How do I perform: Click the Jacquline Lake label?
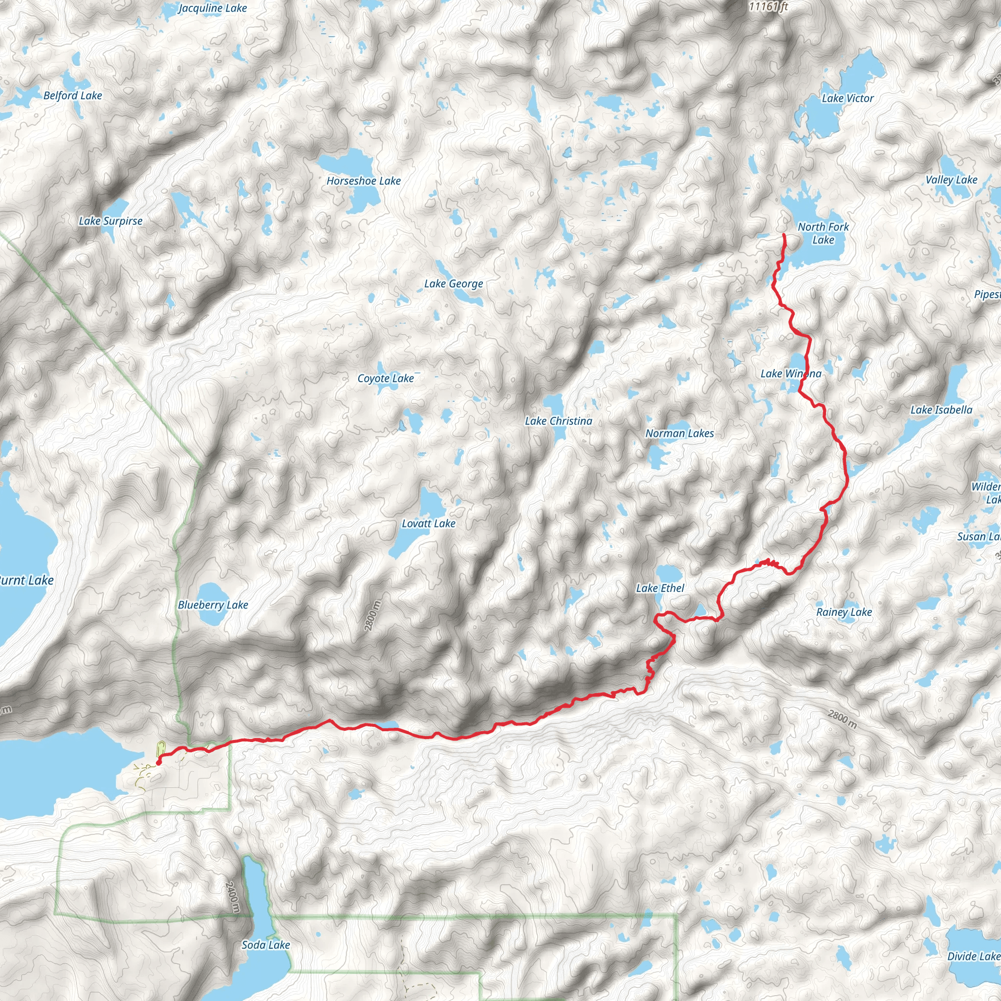(x=213, y=8)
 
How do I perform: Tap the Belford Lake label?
(x=72, y=95)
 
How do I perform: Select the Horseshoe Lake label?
(x=363, y=181)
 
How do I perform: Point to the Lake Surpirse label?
(x=110, y=221)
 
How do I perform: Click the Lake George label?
(x=454, y=283)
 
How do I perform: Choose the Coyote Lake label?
(x=386, y=378)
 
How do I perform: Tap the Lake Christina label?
(x=558, y=421)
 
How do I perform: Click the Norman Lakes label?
(x=679, y=433)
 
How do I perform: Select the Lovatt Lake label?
(x=429, y=523)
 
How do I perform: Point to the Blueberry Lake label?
(x=213, y=605)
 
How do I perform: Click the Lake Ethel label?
(x=660, y=588)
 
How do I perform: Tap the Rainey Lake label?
(x=844, y=612)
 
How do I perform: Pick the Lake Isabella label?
(x=941, y=410)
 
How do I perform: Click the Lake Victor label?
(x=848, y=98)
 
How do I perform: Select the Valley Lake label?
(x=951, y=180)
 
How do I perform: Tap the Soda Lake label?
(x=266, y=944)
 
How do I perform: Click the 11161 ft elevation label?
(x=768, y=6)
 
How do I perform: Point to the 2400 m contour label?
(x=233, y=897)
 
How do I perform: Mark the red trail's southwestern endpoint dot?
(x=158, y=762)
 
